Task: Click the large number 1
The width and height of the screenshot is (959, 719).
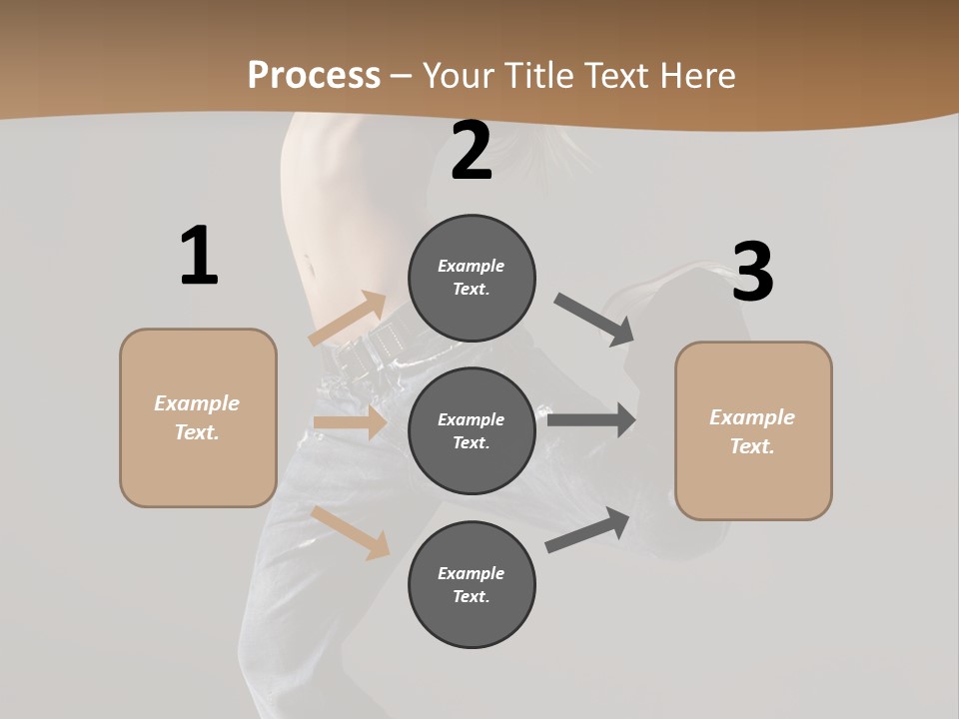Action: pos(199,256)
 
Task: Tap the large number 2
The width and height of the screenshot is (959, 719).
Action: pos(472,151)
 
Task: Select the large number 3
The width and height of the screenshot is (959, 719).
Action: pos(752,272)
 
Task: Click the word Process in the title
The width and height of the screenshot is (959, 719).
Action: pos(314,75)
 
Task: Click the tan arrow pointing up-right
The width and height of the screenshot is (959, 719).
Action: pos(348,319)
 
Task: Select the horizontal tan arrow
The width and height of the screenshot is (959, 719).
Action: pos(350,422)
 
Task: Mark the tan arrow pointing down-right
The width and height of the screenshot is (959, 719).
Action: pos(351,531)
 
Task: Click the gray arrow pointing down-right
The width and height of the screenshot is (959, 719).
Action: pos(594,320)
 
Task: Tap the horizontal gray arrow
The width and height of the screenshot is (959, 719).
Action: pos(590,419)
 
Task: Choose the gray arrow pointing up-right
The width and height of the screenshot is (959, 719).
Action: pos(587,530)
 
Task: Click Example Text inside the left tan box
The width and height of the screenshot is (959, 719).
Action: pos(197,417)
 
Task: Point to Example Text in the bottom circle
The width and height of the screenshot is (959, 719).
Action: pos(472,584)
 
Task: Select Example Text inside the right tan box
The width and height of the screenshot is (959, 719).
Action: pos(752,431)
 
